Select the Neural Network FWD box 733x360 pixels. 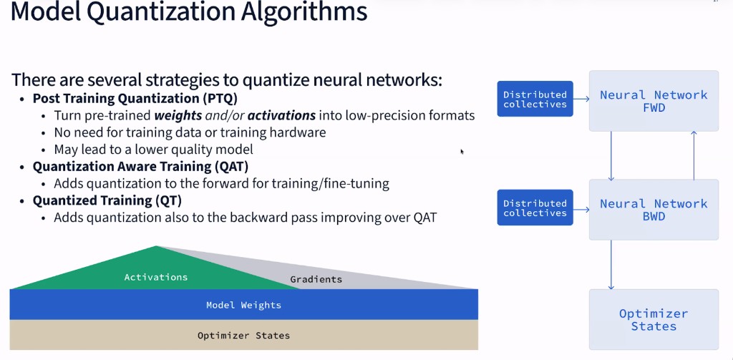point(653,101)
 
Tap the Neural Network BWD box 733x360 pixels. point(653,209)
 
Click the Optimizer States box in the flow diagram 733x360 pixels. point(653,319)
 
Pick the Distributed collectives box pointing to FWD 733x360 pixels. point(535,99)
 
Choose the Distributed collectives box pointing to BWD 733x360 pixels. point(535,208)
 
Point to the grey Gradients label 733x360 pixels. point(316,279)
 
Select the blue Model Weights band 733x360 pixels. point(243,305)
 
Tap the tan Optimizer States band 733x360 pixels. point(243,335)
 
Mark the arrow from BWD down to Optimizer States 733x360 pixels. point(611,264)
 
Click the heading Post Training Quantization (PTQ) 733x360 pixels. point(135,99)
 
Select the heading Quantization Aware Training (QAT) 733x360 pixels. point(140,167)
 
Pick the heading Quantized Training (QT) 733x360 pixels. point(107,200)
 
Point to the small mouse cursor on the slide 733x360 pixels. point(462,151)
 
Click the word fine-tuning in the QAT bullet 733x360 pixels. point(356,184)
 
